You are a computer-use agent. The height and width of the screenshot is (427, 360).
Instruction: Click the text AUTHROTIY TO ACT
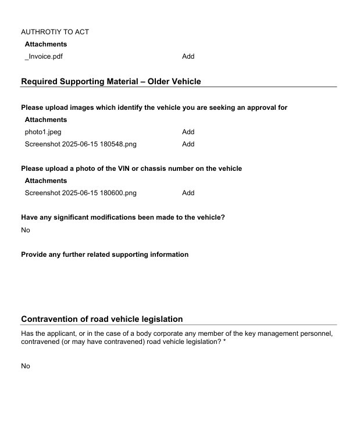point(55,32)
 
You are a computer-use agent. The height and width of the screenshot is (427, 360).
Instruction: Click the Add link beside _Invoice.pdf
point(188,56)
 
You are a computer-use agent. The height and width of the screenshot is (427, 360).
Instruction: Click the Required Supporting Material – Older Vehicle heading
point(111,81)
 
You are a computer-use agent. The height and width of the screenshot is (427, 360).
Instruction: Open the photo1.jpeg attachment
point(42,132)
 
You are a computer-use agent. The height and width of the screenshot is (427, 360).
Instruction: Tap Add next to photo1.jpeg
point(188,132)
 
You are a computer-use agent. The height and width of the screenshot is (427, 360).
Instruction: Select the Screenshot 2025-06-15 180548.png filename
point(80,144)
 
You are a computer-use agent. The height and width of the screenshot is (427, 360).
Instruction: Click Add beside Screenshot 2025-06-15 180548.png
point(188,144)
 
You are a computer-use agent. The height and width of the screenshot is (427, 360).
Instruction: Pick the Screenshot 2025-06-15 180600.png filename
point(80,193)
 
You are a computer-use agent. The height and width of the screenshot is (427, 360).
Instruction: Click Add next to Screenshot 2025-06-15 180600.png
point(188,193)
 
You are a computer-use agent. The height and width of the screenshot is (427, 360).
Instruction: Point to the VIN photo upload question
point(131,168)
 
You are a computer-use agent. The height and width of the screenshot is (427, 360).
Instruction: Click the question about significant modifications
point(123,217)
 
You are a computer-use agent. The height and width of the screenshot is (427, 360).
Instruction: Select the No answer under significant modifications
point(26,230)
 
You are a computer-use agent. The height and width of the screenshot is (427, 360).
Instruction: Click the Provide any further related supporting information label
point(105,254)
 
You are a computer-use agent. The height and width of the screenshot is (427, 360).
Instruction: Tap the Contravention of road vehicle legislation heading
point(102,319)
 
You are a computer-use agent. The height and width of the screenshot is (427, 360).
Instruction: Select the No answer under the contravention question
point(26,366)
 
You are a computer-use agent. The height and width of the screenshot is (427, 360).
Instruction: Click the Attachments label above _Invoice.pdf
point(45,44)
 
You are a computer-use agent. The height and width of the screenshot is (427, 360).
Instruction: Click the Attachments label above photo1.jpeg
point(45,120)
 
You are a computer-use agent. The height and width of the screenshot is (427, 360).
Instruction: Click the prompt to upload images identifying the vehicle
point(154,107)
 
